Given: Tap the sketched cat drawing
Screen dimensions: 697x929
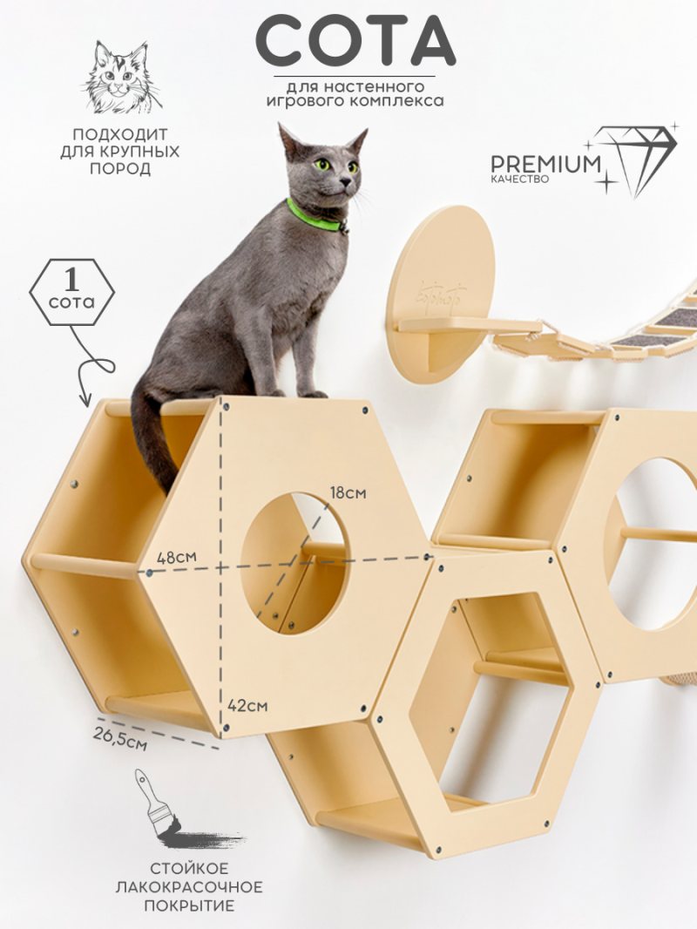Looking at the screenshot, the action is (122, 77).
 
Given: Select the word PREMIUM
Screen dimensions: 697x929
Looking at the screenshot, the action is (545, 164).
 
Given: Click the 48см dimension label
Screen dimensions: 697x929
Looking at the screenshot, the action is (177, 557).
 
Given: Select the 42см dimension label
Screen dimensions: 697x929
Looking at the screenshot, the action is (248, 706).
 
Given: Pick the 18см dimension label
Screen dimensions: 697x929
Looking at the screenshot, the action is (348, 493).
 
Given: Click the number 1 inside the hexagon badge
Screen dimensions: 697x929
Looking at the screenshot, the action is (71, 280).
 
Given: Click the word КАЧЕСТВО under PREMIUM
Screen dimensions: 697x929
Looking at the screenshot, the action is (520, 179).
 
